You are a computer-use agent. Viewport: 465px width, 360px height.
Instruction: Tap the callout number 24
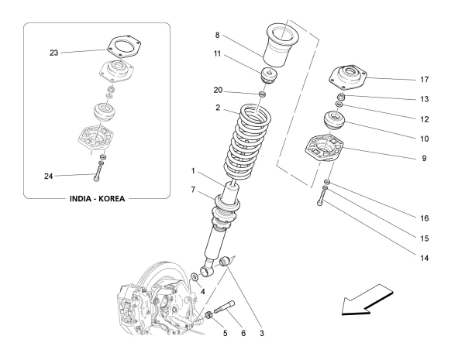(49, 175)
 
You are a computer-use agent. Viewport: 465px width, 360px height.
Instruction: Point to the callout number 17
(423, 79)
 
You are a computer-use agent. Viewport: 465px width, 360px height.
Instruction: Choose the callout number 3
(263, 334)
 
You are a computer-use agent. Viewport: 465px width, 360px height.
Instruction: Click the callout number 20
(219, 88)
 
